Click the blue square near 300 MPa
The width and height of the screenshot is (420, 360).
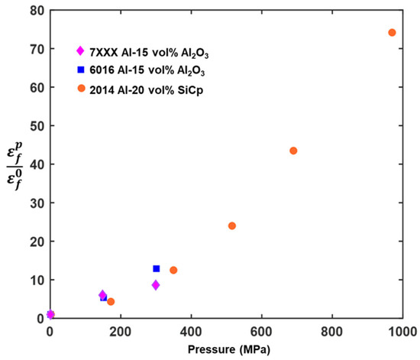[157, 268]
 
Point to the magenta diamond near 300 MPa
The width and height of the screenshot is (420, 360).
[156, 285]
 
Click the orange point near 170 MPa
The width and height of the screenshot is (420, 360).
[111, 302]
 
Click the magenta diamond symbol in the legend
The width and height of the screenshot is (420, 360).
[79, 51]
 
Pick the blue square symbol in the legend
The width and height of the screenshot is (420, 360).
[79, 69]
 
